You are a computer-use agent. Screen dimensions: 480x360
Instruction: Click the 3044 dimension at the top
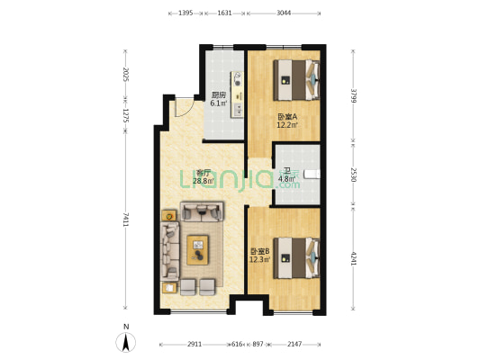coord(284,13)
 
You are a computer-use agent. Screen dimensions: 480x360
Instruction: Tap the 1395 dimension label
coord(186,13)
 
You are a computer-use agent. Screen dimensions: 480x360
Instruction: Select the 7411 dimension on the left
coord(125,220)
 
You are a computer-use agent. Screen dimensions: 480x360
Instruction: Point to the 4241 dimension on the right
coord(354,259)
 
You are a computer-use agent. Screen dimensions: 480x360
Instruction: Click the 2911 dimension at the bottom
coord(195,345)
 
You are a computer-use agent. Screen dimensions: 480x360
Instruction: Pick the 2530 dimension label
coord(354,175)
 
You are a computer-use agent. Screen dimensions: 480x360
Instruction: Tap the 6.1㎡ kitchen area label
coord(219,103)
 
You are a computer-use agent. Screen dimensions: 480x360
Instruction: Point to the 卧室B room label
coord(260,251)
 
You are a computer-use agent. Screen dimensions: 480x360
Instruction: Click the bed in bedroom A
coord(296,80)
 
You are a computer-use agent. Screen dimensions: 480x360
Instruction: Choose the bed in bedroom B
coord(296,258)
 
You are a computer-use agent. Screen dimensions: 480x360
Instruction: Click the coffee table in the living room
coord(197,250)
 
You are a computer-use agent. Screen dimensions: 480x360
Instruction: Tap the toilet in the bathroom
coord(312,174)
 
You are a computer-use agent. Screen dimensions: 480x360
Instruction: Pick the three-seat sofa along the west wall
coord(170,251)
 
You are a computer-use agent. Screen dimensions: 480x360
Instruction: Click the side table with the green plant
coord(169,216)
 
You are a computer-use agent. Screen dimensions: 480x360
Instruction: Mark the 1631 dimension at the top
coord(224,13)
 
